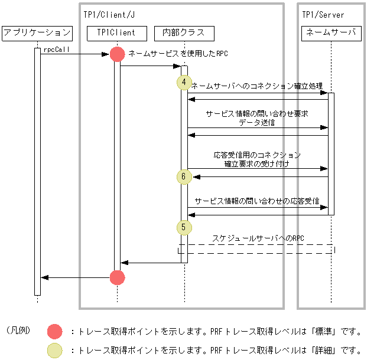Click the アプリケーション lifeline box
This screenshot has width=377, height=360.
click(x=37, y=33)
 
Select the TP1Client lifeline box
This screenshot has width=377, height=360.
click(x=117, y=33)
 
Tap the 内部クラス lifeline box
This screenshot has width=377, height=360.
click(x=184, y=33)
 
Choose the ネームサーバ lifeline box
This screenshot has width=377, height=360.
click(x=331, y=33)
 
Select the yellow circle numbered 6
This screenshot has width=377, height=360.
click(x=184, y=176)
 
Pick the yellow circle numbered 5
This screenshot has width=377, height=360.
click(x=184, y=227)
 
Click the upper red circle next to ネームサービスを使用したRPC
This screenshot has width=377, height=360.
click(x=118, y=54)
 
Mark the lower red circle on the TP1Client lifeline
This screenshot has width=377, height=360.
click(x=118, y=277)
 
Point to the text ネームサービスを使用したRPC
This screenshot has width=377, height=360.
click(x=178, y=54)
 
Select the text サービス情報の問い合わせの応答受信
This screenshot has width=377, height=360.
click(x=256, y=201)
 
